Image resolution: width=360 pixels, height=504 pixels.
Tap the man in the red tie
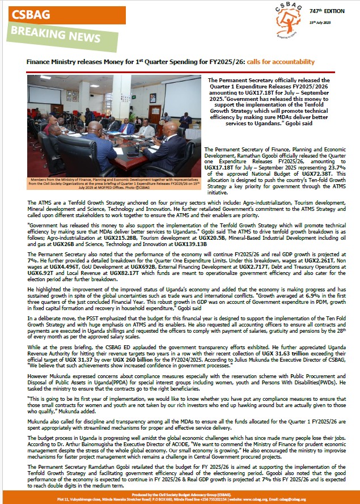(126, 127)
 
